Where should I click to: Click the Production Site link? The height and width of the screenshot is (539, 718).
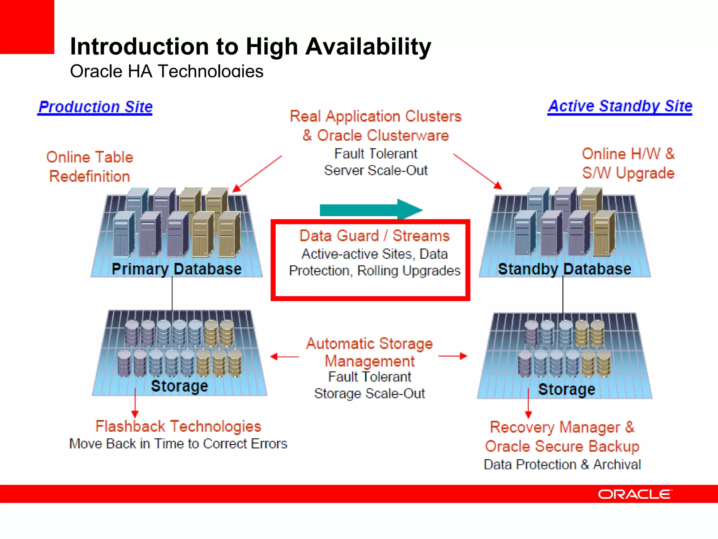(x=95, y=107)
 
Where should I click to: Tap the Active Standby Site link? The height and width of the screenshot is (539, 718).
(x=620, y=106)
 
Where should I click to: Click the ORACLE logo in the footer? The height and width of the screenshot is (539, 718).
(x=635, y=494)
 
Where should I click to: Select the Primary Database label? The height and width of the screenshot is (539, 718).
(x=176, y=269)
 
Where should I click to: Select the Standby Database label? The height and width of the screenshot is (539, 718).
(x=564, y=269)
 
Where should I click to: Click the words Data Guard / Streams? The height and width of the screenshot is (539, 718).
(x=374, y=236)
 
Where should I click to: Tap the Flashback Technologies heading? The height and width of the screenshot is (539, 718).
(x=178, y=426)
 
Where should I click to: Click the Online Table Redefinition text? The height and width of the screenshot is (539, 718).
(x=90, y=167)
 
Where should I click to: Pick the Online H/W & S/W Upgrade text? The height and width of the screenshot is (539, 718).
(x=628, y=164)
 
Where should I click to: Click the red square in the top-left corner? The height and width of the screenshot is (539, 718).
(x=27, y=27)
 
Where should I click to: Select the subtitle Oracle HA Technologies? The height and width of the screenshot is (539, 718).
(x=167, y=71)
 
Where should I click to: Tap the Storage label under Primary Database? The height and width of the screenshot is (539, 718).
(x=179, y=386)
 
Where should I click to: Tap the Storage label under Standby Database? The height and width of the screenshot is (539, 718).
(x=567, y=389)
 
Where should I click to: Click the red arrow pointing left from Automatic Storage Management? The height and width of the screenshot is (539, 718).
(x=284, y=357)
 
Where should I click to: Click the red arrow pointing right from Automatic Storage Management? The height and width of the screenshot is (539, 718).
(x=453, y=356)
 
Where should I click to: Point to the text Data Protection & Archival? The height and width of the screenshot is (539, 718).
(x=562, y=465)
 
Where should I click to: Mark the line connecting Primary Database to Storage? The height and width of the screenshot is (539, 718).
(x=172, y=293)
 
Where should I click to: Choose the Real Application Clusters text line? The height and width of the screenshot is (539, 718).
(x=375, y=117)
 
